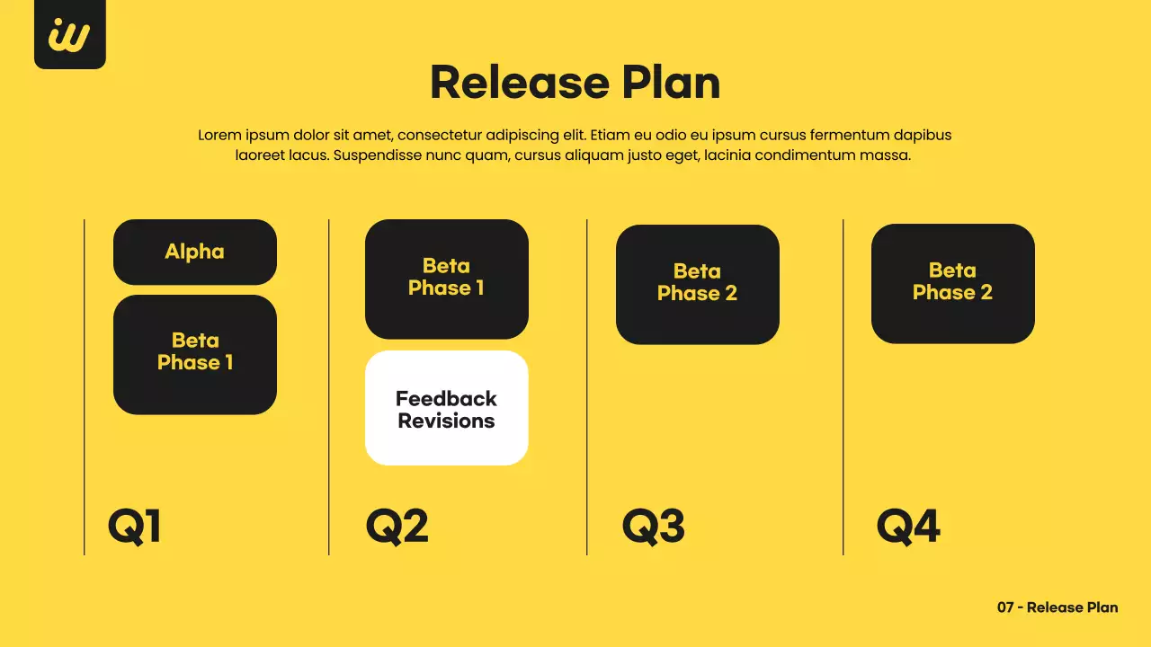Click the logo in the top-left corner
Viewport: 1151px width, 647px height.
pyautogui.click(x=69, y=34)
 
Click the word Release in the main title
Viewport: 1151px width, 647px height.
pyautogui.click(x=505, y=83)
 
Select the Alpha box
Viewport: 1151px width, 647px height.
pyautogui.click(x=194, y=252)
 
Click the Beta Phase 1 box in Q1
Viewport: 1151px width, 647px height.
pyautogui.click(x=194, y=354)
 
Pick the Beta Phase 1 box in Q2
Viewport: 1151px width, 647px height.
pyautogui.click(x=446, y=279)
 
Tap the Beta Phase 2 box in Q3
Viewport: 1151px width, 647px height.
pyautogui.click(x=697, y=284)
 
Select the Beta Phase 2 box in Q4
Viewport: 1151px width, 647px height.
pyautogui.click(x=952, y=283)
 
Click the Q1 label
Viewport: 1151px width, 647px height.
pyautogui.click(x=134, y=527)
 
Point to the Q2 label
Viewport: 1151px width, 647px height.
pyautogui.click(x=397, y=527)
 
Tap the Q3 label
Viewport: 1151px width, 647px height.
pyautogui.click(x=653, y=527)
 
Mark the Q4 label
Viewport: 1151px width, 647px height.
pyautogui.click(x=908, y=527)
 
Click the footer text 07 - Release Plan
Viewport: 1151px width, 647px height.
pyautogui.click(x=1057, y=607)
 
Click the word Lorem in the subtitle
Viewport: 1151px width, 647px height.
pyautogui.click(x=219, y=136)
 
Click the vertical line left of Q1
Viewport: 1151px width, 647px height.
pyautogui.click(x=85, y=386)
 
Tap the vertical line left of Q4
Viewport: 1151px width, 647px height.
pyautogui.click(x=843, y=386)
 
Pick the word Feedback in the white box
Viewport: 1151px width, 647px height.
pyautogui.click(x=446, y=399)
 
